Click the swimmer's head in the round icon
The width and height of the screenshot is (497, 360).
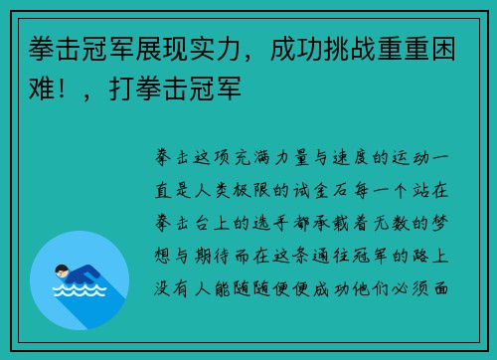click(62, 270)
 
